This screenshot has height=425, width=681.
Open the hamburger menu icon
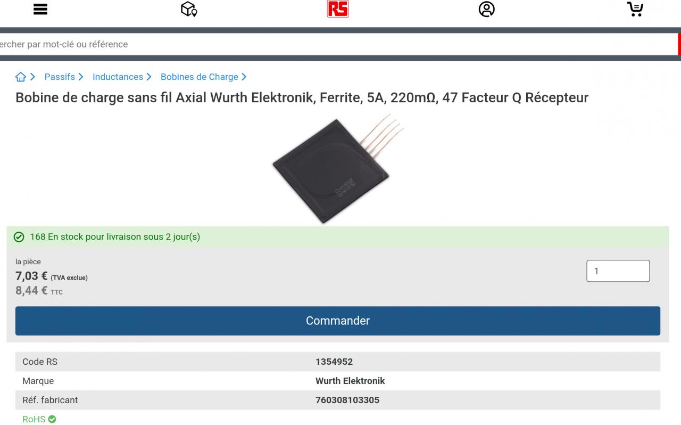point(40,9)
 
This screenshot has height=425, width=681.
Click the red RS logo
point(338,9)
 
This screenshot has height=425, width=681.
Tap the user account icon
point(486,9)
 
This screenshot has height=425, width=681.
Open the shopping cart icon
point(635,9)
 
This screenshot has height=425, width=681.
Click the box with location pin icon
point(189,9)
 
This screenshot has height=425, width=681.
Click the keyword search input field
point(319,44)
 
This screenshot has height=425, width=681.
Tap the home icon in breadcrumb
point(21,77)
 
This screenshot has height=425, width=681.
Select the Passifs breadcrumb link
point(60,77)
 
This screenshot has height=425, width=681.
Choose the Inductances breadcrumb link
point(118,77)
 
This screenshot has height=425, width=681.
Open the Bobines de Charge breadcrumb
point(200,77)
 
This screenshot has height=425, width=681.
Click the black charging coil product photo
point(327,170)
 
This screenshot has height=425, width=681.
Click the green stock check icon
point(19,237)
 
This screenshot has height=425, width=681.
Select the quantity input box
point(618,271)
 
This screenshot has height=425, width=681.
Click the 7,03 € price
point(31,276)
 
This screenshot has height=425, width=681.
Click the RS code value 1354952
point(334,362)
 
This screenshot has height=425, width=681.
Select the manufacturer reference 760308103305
point(347,400)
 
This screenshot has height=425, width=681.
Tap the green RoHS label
point(34,419)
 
